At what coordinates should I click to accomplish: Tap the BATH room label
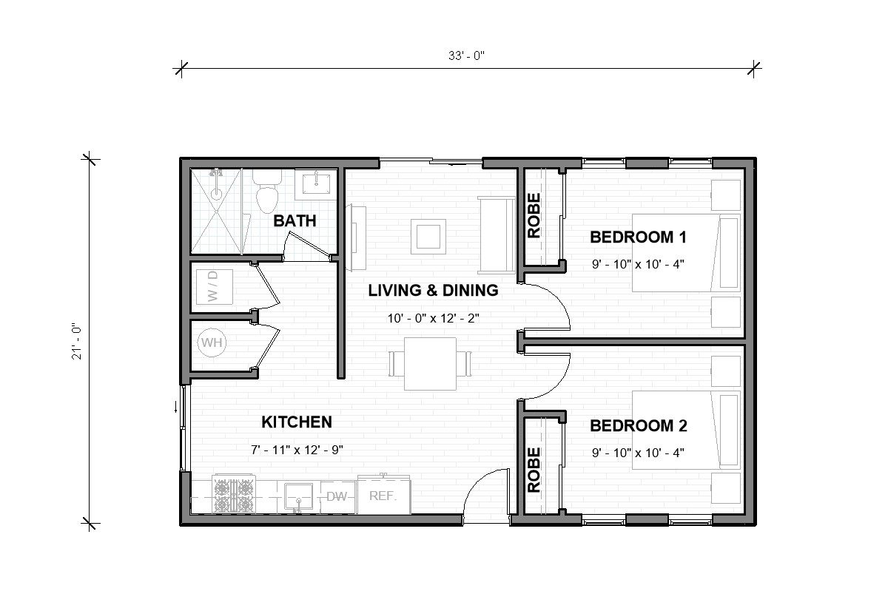(x=295, y=220)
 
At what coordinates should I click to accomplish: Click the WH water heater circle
(x=212, y=343)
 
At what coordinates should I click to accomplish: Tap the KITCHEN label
(x=296, y=422)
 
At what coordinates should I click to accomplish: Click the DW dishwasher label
(x=337, y=497)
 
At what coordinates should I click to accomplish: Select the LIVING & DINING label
(x=433, y=291)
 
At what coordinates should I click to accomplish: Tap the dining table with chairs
(x=430, y=363)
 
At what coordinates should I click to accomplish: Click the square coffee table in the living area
(x=429, y=236)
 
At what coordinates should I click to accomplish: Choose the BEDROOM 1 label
(x=638, y=237)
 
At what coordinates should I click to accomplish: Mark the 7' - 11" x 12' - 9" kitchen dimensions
(x=296, y=449)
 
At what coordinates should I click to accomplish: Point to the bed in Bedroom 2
(x=686, y=430)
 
